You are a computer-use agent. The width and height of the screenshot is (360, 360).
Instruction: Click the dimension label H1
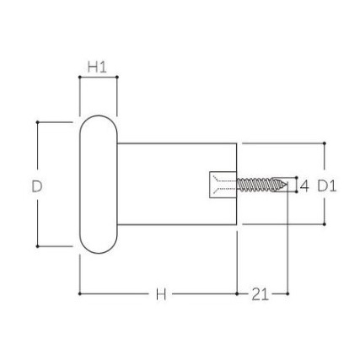click(x=98, y=66)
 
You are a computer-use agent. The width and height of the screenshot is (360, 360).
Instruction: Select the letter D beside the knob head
click(x=37, y=185)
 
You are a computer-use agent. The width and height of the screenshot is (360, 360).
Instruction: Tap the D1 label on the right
click(x=327, y=185)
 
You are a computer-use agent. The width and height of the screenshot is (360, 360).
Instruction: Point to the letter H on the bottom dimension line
click(x=160, y=294)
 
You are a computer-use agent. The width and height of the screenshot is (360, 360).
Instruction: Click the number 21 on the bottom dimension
click(x=261, y=294)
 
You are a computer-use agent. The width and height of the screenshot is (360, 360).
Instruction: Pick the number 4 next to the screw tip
click(x=304, y=185)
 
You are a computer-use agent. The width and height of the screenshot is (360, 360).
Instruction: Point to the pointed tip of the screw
click(x=287, y=184)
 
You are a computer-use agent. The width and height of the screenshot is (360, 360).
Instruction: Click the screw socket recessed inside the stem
click(x=223, y=184)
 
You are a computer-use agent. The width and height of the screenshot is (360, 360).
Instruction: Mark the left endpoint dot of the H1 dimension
click(x=79, y=78)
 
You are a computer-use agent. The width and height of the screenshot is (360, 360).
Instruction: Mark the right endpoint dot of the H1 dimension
click(x=117, y=78)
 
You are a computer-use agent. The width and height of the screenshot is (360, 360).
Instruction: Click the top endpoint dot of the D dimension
click(x=37, y=121)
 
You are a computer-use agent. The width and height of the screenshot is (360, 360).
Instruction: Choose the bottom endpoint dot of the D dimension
click(x=37, y=247)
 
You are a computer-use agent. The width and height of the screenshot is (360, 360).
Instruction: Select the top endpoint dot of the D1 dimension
click(x=325, y=143)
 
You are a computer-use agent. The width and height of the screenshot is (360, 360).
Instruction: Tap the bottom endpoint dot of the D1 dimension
click(x=325, y=224)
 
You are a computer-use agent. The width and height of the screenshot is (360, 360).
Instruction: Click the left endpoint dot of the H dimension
click(x=79, y=294)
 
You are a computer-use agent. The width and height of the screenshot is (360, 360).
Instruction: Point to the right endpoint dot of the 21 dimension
click(x=288, y=294)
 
